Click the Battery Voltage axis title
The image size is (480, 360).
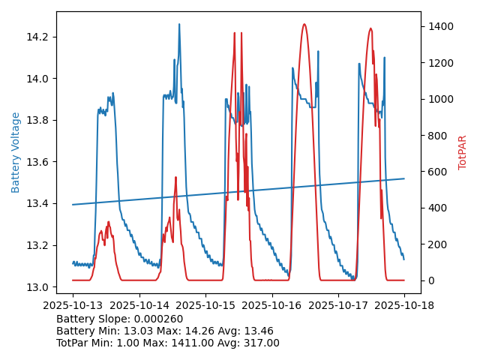pos(16,152)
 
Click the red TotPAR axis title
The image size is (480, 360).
pos(463,152)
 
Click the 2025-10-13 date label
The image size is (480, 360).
pos(73,305)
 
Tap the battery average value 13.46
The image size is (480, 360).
pos(257,331)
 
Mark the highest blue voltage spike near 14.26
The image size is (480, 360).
pos(179,25)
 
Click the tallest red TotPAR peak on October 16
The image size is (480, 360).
pos(304,25)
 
